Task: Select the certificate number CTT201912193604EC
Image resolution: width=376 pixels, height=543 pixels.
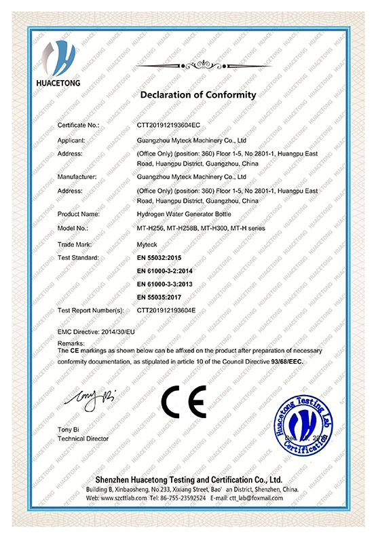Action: click(x=168, y=126)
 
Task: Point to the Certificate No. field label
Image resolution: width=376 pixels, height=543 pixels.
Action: click(x=79, y=126)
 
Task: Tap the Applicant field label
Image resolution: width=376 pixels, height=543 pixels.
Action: click(x=72, y=141)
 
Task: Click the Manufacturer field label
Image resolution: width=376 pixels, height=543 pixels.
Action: click(x=77, y=176)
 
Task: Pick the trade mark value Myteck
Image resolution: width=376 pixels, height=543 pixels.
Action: click(x=147, y=244)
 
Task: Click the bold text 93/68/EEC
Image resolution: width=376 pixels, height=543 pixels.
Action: click(x=287, y=362)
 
